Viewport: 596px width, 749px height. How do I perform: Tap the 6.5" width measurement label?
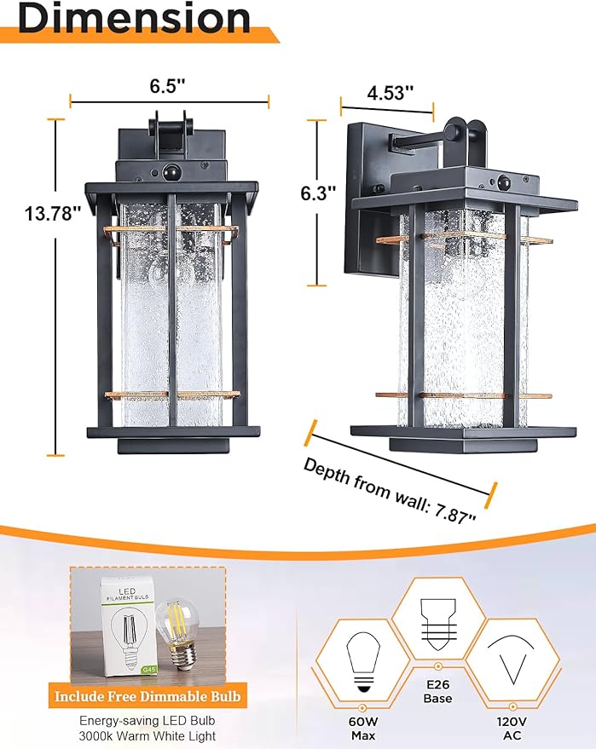point(169,86)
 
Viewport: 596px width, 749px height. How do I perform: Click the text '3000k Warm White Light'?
point(148,735)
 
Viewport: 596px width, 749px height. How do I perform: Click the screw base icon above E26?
point(437,621)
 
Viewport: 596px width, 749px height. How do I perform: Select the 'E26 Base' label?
point(437,691)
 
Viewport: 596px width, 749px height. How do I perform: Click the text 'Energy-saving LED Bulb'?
point(148,720)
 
